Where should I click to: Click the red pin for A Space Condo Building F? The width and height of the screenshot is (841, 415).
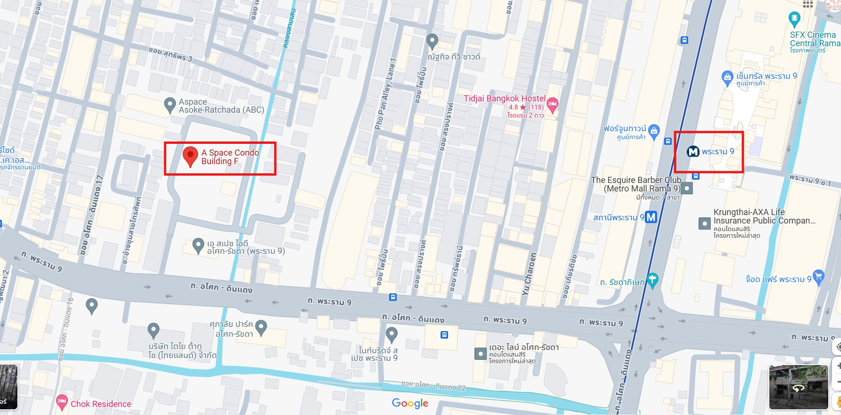(190, 156)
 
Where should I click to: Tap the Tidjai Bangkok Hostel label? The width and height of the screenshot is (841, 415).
(504, 98)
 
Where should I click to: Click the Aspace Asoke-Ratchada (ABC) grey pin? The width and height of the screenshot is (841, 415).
(170, 105)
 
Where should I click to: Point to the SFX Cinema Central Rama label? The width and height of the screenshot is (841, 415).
(815, 39)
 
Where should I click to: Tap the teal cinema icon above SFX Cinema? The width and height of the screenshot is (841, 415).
(794, 19)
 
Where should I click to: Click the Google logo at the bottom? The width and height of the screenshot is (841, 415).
(410, 403)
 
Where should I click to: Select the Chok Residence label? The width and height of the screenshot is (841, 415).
(100, 404)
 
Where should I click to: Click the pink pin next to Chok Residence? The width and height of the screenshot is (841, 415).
(62, 402)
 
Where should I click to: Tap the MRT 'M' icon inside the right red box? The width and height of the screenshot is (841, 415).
(693, 151)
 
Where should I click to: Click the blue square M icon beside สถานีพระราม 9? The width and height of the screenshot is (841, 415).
(651, 217)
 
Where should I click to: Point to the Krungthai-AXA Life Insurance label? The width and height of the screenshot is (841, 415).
(764, 216)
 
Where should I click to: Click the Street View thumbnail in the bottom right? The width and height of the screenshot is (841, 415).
(798, 387)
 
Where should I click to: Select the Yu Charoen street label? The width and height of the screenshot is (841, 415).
(529, 274)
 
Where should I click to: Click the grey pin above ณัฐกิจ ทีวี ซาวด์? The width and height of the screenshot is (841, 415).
(432, 41)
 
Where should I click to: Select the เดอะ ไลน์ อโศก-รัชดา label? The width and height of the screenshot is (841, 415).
(524, 348)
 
